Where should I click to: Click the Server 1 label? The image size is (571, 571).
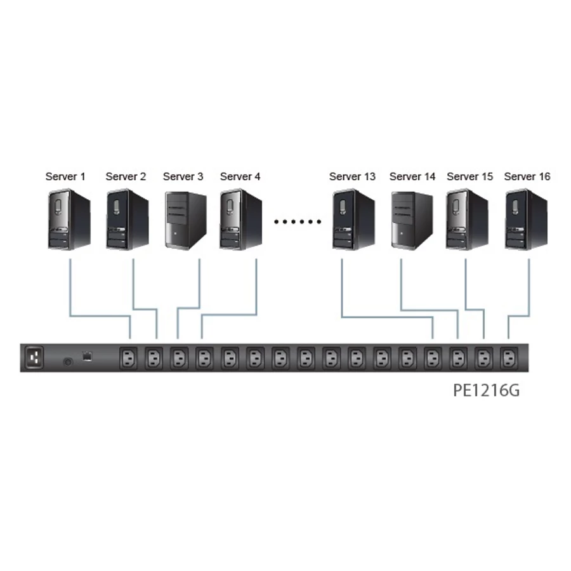(x=65, y=176)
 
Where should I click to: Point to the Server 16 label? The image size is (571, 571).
(x=527, y=176)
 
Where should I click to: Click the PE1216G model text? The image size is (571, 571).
(x=486, y=390)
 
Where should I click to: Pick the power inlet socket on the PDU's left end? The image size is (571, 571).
(x=34, y=358)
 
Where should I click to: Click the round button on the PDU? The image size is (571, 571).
(x=68, y=362)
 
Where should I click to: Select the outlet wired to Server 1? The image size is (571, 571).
(x=128, y=359)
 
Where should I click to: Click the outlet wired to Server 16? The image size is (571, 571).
(x=508, y=359)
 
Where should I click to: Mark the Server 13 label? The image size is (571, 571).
(x=352, y=176)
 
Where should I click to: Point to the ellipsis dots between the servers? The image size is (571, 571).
(x=298, y=222)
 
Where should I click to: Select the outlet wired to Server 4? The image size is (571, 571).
(x=204, y=359)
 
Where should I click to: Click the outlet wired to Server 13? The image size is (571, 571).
(x=432, y=359)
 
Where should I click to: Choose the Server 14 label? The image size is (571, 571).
(x=412, y=176)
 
